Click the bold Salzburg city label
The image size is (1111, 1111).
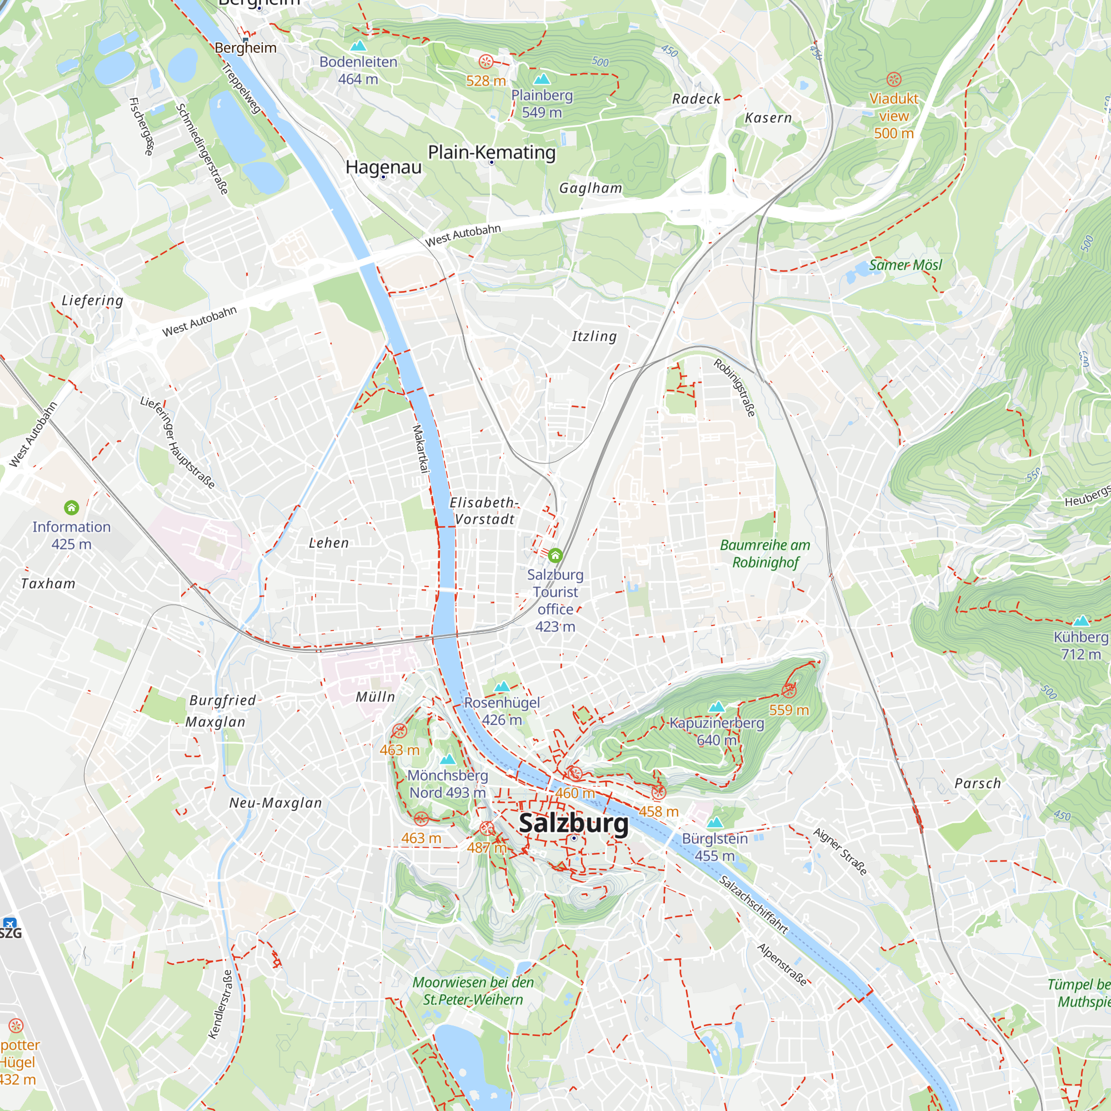(573, 823)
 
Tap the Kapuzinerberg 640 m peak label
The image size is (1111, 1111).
(717, 731)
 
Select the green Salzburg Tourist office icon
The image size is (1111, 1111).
(555, 555)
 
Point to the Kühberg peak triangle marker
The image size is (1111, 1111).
(1081, 620)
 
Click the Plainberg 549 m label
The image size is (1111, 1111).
(542, 103)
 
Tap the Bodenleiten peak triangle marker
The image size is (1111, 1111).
(358, 45)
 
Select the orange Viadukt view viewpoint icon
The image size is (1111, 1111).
(894, 79)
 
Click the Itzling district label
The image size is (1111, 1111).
(594, 337)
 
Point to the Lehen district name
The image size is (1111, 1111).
(328, 543)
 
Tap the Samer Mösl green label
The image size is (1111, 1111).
(905, 265)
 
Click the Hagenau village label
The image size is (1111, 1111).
(383, 167)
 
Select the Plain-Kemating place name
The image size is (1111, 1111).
(492, 152)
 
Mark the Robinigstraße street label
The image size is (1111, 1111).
(734, 387)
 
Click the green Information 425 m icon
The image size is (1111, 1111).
(71, 508)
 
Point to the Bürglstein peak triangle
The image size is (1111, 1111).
(715, 822)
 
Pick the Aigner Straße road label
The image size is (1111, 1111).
(839, 851)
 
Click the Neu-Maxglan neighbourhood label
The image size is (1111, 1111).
(276, 803)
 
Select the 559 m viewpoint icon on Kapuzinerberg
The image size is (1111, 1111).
(789, 690)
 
